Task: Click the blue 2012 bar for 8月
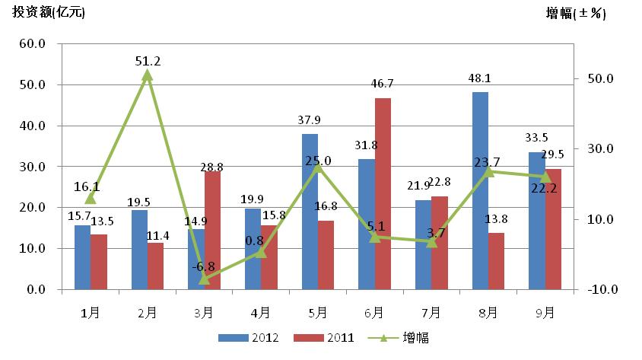pyautogui.click(x=480, y=190)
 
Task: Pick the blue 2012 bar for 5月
pyautogui.click(x=310, y=212)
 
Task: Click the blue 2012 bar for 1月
pyautogui.click(x=82, y=257)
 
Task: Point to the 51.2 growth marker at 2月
pyautogui.click(x=148, y=75)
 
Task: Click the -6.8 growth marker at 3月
pyautogui.click(x=204, y=279)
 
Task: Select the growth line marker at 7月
pyautogui.click(x=431, y=242)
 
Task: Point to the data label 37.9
pyautogui.click(x=310, y=119)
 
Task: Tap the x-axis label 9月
pyautogui.click(x=545, y=312)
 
